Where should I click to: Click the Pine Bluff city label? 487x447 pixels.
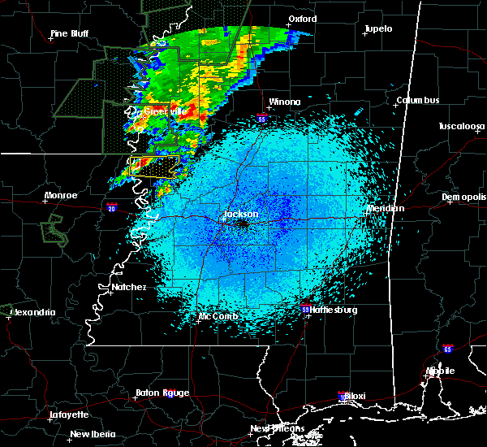(71, 33)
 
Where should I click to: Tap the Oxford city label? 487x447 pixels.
(302, 19)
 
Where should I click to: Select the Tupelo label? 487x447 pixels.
(377, 28)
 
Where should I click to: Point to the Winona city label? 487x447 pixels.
(285, 102)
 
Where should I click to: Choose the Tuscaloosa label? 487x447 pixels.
(461, 126)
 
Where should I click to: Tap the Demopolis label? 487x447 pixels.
(463, 197)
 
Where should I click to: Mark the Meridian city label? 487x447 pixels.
(385, 208)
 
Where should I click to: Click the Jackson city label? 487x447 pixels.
(240, 214)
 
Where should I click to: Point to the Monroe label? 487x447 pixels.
(61, 195)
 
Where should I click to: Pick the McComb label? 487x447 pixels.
(218, 315)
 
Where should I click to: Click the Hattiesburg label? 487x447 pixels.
(334, 310)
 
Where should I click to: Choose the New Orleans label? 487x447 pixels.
(277, 428)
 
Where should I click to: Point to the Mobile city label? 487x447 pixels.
(442, 371)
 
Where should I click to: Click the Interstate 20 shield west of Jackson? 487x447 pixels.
(111, 208)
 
